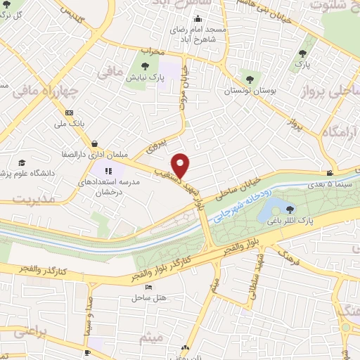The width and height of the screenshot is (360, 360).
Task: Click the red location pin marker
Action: click(x=181, y=165)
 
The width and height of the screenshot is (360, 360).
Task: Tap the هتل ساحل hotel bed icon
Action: click(x=148, y=288)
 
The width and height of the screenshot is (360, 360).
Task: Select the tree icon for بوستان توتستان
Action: click(x=250, y=79)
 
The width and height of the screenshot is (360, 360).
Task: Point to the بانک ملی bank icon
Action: click(x=69, y=112)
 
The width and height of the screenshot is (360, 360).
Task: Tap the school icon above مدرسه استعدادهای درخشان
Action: click(x=109, y=170)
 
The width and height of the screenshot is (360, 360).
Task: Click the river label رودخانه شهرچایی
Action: click(x=236, y=207)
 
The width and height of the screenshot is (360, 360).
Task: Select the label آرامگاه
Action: click(x=340, y=132)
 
